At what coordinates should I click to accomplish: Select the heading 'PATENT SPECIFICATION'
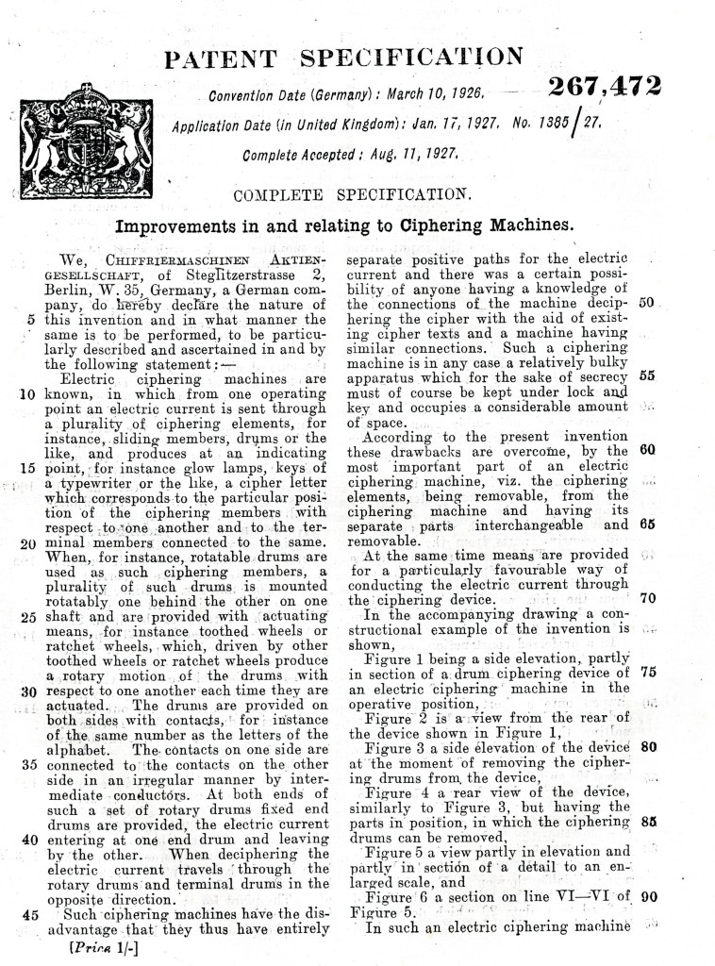pos(343,59)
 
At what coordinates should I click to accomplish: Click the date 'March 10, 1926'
pos(435,94)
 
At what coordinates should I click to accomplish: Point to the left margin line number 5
pos(31,319)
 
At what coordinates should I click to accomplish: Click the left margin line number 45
pos(27,914)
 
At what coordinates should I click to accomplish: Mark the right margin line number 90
pos(647,897)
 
